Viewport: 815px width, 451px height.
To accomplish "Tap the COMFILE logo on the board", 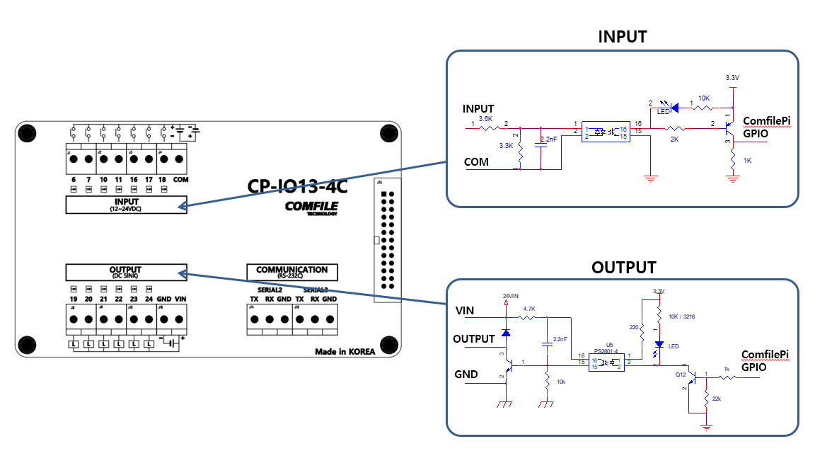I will [x=311, y=207].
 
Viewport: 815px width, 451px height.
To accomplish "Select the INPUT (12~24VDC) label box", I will [x=126, y=205].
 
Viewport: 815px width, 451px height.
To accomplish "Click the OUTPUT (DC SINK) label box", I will [x=125, y=272].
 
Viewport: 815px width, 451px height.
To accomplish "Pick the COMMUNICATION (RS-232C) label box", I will [x=291, y=272].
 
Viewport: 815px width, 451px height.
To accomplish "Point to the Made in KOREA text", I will [x=345, y=352].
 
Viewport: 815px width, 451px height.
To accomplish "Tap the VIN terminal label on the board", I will [x=180, y=299].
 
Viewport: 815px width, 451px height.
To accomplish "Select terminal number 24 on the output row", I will [x=149, y=299].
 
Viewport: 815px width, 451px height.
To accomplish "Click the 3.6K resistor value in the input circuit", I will [x=485, y=118].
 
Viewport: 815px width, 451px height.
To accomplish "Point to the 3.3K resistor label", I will [x=506, y=145].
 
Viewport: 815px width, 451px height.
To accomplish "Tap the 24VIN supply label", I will [x=511, y=295].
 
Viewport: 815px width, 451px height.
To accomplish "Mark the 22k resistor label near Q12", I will [x=717, y=399].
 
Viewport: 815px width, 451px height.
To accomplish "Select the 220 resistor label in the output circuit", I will [x=633, y=328].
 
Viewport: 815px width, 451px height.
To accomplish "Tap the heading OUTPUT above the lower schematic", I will [x=623, y=268].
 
